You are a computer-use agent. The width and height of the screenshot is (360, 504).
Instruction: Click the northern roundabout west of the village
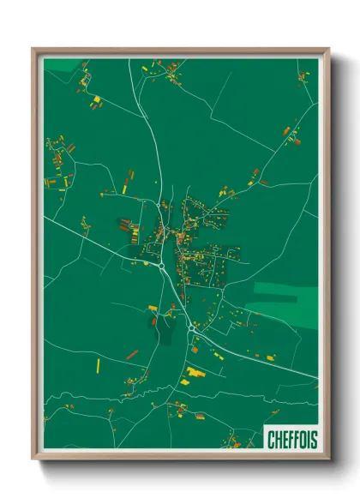[x=161, y=267]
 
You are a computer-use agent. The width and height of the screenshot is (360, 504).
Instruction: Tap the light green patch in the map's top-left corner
[x=60, y=64]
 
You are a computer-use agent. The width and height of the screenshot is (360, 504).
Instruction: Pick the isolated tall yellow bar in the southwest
[x=98, y=366]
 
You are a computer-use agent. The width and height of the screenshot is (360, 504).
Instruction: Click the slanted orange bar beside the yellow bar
[x=132, y=353]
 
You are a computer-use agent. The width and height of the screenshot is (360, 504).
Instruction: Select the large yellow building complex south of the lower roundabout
[x=196, y=373]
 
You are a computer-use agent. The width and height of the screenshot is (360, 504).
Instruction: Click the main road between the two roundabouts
[x=175, y=296]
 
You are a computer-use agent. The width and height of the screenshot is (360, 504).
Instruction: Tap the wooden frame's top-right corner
[x=328, y=50]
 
